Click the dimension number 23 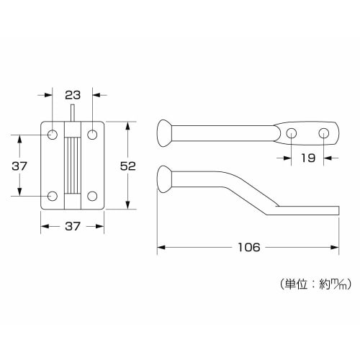(73, 94)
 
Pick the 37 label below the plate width (73, 226)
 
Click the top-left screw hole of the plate (54, 135)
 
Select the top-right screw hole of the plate (92, 135)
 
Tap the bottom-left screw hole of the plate (54, 196)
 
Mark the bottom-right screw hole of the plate (92, 196)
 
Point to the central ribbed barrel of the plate (73, 165)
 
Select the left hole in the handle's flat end (292, 133)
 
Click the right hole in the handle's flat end (324, 133)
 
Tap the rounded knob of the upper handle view (165, 133)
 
